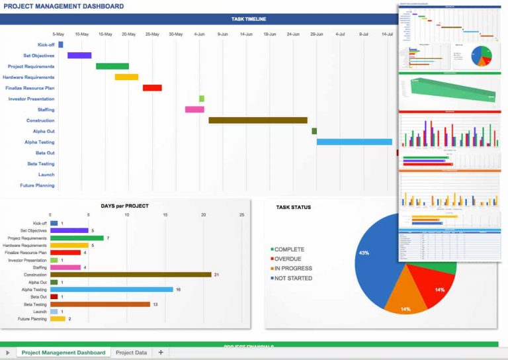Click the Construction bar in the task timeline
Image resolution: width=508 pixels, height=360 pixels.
pos(258,120)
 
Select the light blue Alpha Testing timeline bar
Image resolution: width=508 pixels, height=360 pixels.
pos(354,142)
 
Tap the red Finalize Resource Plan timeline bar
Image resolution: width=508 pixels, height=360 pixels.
pos(152,88)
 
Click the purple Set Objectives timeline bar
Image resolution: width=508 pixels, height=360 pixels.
pos(79,56)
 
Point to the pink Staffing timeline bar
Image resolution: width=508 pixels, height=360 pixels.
pos(194,109)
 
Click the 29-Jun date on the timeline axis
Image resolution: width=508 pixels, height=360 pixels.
pos(316,34)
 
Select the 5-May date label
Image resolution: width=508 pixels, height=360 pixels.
pos(58,34)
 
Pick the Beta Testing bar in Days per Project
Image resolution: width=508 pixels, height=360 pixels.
pos(100,304)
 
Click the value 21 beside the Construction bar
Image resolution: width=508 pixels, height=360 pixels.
pos(216,275)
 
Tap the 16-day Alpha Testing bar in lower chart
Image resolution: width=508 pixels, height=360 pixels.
pos(111,289)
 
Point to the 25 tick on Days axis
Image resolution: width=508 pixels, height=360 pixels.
pos(241,214)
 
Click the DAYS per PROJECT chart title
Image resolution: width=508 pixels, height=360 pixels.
pos(124,206)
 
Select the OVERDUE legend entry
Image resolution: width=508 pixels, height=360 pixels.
pos(287,259)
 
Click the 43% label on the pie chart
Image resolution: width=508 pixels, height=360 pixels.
pos(363,253)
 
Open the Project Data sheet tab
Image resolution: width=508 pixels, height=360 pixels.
pos(131,353)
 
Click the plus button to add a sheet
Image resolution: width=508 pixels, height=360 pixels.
pos(160,353)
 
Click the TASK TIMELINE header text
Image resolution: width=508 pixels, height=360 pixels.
pos(249,19)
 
